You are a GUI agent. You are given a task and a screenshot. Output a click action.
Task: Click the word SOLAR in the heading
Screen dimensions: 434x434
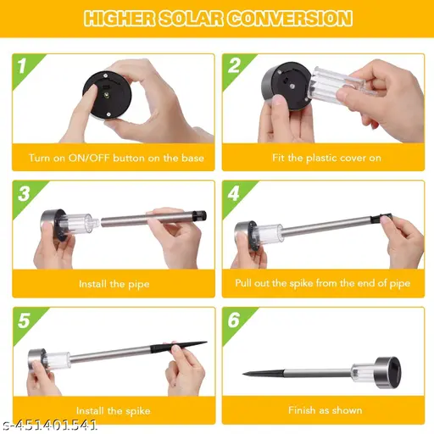click(x=191, y=19)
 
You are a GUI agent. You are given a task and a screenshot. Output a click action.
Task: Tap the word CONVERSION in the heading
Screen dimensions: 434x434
click(x=290, y=19)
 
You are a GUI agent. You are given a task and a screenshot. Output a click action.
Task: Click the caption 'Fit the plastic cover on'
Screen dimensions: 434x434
click(x=326, y=158)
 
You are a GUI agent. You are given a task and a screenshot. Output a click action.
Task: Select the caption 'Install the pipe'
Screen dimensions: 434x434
click(x=114, y=284)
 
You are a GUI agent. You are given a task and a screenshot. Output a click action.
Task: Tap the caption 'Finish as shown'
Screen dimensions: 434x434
click(x=325, y=410)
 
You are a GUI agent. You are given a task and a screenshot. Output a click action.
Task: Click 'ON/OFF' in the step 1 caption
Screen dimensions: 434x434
click(x=89, y=158)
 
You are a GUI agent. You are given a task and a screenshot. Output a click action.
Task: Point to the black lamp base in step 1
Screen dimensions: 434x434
click(x=108, y=95)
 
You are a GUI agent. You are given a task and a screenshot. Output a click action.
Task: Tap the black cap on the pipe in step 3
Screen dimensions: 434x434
click(x=199, y=216)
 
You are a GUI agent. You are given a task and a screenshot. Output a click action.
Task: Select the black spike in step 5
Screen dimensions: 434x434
click(x=179, y=347)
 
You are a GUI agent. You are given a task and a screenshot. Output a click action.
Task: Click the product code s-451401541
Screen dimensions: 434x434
click(x=50, y=426)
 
